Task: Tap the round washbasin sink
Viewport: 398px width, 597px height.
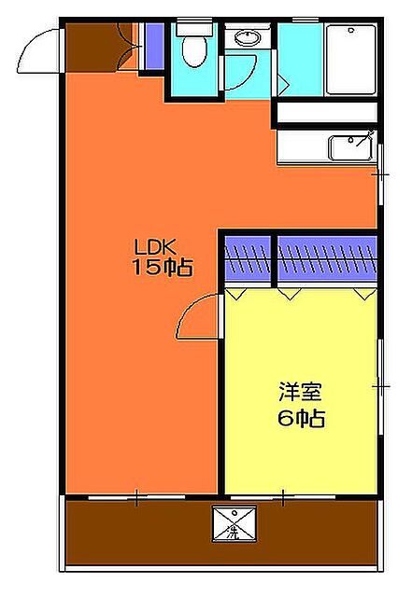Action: point(248,38)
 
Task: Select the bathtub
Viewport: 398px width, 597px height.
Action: point(351,58)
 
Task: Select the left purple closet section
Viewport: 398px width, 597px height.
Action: point(249,257)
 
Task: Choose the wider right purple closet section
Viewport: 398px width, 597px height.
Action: point(327,257)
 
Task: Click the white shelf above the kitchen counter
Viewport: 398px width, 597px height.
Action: point(327,114)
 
